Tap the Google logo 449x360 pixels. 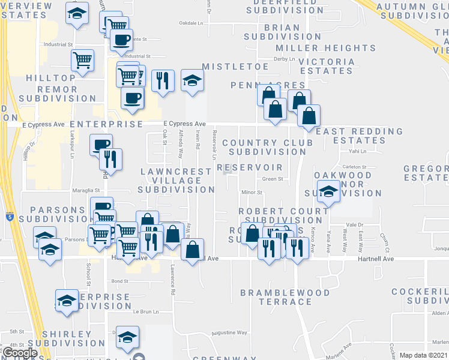[19, 353]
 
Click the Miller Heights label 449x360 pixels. [325, 48]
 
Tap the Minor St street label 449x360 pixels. [252, 193]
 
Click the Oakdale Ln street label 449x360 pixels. [192, 23]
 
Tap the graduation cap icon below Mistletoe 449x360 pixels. [191, 80]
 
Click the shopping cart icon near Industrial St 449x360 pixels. [82, 59]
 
